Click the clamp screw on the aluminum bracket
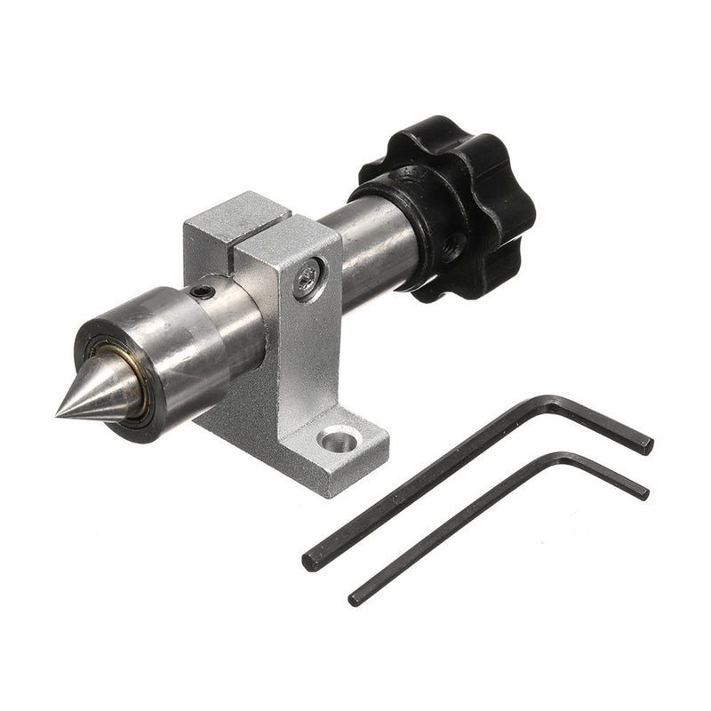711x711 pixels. [x=307, y=276]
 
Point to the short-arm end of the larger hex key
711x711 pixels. [x=646, y=443]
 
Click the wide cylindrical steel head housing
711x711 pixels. [x=178, y=347]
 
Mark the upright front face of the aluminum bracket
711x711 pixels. [x=298, y=355]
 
